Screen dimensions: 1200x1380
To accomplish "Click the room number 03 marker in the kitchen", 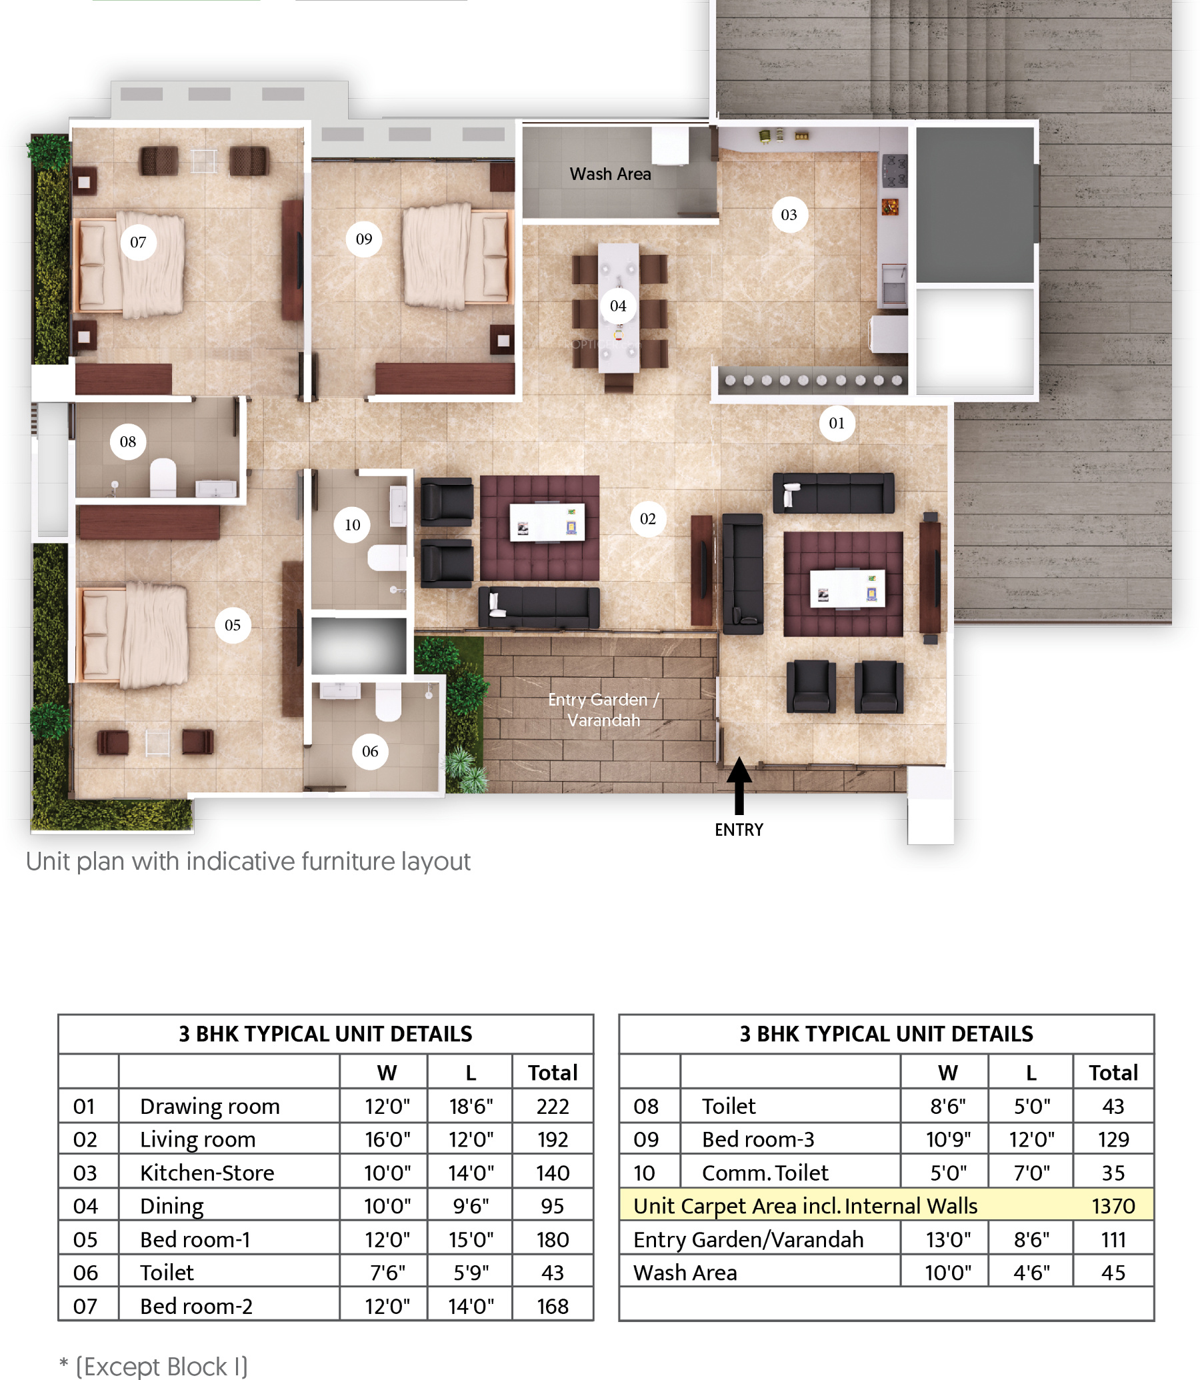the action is click(x=789, y=214).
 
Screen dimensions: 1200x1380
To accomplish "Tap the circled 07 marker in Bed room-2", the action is click(x=138, y=242).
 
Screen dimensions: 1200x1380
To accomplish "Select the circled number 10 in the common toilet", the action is click(x=352, y=524).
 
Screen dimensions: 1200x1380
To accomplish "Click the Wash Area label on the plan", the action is click(x=610, y=174).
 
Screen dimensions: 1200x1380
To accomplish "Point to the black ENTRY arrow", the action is click(x=739, y=785).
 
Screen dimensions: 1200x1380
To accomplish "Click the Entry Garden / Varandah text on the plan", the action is click(x=603, y=710).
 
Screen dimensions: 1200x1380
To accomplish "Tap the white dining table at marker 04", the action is click(x=618, y=307).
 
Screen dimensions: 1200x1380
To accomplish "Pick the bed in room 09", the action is click(x=457, y=256).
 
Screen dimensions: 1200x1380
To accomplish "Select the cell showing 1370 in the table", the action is click(x=1113, y=1206).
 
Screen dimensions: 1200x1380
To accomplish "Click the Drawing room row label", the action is click(x=209, y=1106).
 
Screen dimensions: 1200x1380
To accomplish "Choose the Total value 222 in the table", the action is click(x=553, y=1106).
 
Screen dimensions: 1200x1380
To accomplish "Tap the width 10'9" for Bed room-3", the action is click(x=947, y=1139).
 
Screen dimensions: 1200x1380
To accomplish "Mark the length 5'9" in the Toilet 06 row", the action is click(x=471, y=1272).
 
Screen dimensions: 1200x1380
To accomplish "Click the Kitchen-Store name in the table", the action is click(x=207, y=1173).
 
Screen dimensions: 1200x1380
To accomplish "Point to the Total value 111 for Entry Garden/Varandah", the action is click(x=1113, y=1239).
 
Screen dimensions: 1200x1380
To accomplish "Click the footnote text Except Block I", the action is click(x=161, y=1366).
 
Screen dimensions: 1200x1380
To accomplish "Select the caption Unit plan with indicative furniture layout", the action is click(x=248, y=862).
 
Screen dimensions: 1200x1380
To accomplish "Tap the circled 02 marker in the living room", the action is click(x=647, y=518).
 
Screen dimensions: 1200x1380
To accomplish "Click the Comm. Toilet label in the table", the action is click(x=765, y=1173).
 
